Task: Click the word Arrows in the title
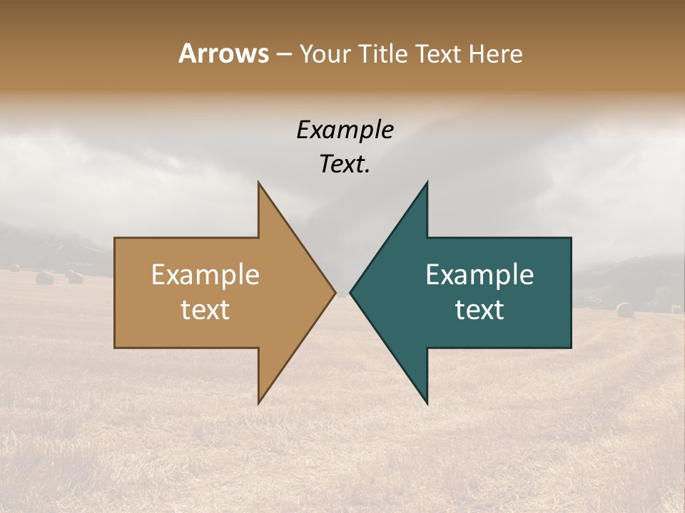point(223,53)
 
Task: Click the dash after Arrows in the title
point(283,54)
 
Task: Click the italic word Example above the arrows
point(345,130)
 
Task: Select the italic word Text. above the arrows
point(345,165)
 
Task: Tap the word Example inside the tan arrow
point(205,275)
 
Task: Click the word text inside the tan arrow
point(205,310)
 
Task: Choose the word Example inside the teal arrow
point(479,275)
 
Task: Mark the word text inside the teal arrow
point(479,310)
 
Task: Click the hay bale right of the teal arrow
point(624,310)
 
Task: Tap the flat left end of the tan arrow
point(116,292)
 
